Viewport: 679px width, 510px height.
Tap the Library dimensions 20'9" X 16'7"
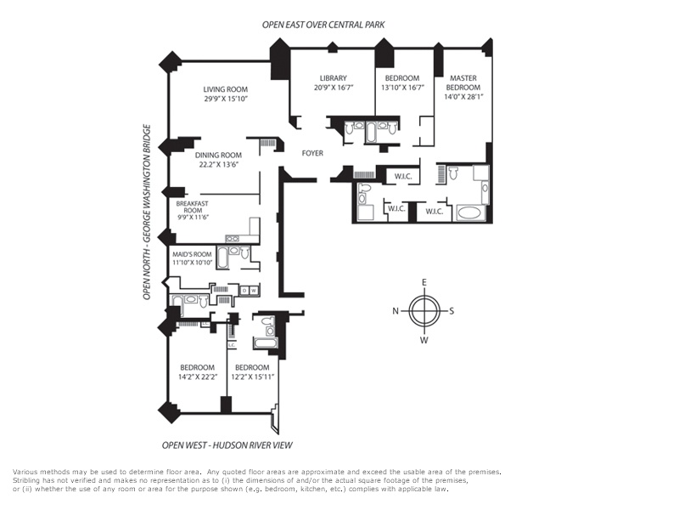(x=334, y=88)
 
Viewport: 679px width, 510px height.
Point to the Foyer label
(x=312, y=153)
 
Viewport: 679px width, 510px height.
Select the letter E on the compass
(x=424, y=283)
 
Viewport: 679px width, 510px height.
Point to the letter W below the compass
(x=424, y=339)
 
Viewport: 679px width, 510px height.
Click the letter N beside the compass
(x=396, y=311)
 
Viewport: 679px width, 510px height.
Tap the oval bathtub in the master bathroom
(x=469, y=213)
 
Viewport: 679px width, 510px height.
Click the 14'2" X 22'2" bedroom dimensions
(x=198, y=377)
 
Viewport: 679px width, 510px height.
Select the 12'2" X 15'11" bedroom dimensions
(x=252, y=377)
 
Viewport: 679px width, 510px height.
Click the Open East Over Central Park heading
(x=323, y=25)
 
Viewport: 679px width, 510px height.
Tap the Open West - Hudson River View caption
(x=227, y=445)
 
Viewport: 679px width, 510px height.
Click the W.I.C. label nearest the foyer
(x=407, y=177)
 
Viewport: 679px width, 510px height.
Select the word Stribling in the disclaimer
(x=26, y=480)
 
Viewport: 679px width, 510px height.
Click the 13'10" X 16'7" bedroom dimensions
(x=402, y=88)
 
